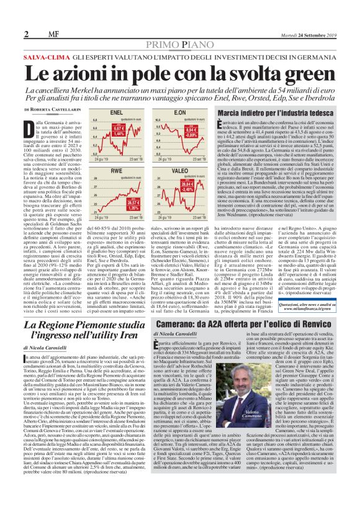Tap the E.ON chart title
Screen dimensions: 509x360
(163, 112)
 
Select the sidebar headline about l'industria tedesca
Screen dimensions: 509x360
(268, 112)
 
